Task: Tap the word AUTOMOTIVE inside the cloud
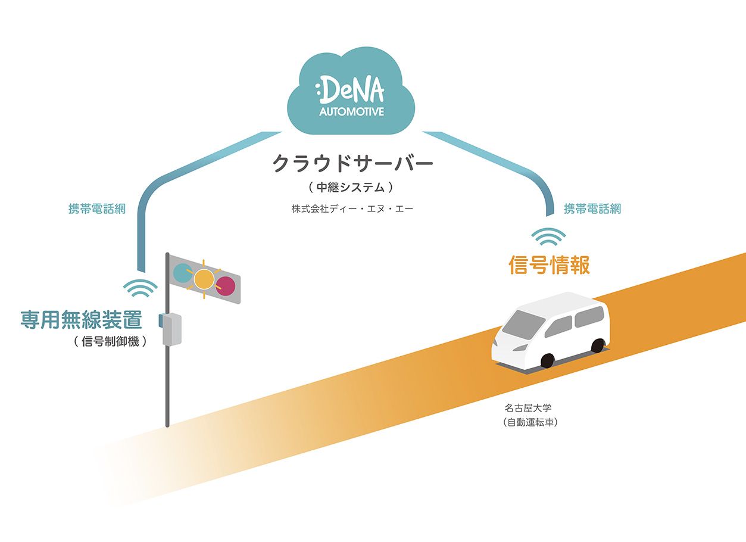click(x=352, y=111)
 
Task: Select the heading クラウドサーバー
click(x=352, y=163)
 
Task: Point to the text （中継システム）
click(x=351, y=188)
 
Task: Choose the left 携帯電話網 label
click(x=97, y=209)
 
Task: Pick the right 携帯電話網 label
click(x=592, y=208)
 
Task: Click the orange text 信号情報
click(x=549, y=265)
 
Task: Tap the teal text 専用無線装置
click(x=82, y=320)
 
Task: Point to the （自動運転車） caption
click(x=532, y=423)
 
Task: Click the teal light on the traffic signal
click(x=182, y=273)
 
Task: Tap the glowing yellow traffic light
click(x=204, y=279)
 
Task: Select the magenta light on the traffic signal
click(x=225, y=285)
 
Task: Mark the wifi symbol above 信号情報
click(x=548, y=238)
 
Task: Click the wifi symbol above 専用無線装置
click(x=141, y=289)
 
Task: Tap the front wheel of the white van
click(x=547, y=360)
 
